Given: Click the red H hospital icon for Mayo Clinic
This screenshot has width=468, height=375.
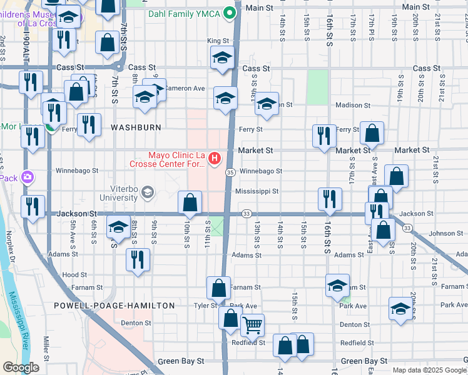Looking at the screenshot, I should point(215,158).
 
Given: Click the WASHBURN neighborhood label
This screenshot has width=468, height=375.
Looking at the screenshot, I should point(136,127).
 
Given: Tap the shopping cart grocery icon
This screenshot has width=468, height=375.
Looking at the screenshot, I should point(252,324).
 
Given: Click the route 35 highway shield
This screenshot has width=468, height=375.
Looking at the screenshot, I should point(230,172).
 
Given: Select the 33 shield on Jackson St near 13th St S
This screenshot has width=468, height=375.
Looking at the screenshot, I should point(247,214).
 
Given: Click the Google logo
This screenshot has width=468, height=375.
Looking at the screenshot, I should point(21,367).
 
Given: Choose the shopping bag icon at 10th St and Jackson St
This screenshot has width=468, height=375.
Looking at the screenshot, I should point(190,202).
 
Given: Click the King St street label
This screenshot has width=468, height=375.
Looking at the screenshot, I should point(215,41).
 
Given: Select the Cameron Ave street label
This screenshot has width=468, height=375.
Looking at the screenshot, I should point(185,89).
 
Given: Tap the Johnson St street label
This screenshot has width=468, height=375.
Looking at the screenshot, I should point(445,234).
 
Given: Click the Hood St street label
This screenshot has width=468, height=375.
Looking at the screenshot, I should point(74,275).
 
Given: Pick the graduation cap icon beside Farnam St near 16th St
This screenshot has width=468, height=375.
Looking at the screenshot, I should point(337,286).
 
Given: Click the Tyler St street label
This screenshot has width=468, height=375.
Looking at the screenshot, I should point(205,306).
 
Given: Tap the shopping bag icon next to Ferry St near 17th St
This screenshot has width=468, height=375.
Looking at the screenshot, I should point(372,133).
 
